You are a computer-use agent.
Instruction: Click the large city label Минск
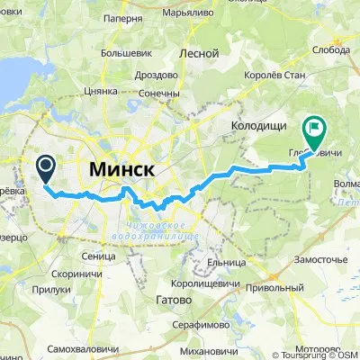pos(121,170)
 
